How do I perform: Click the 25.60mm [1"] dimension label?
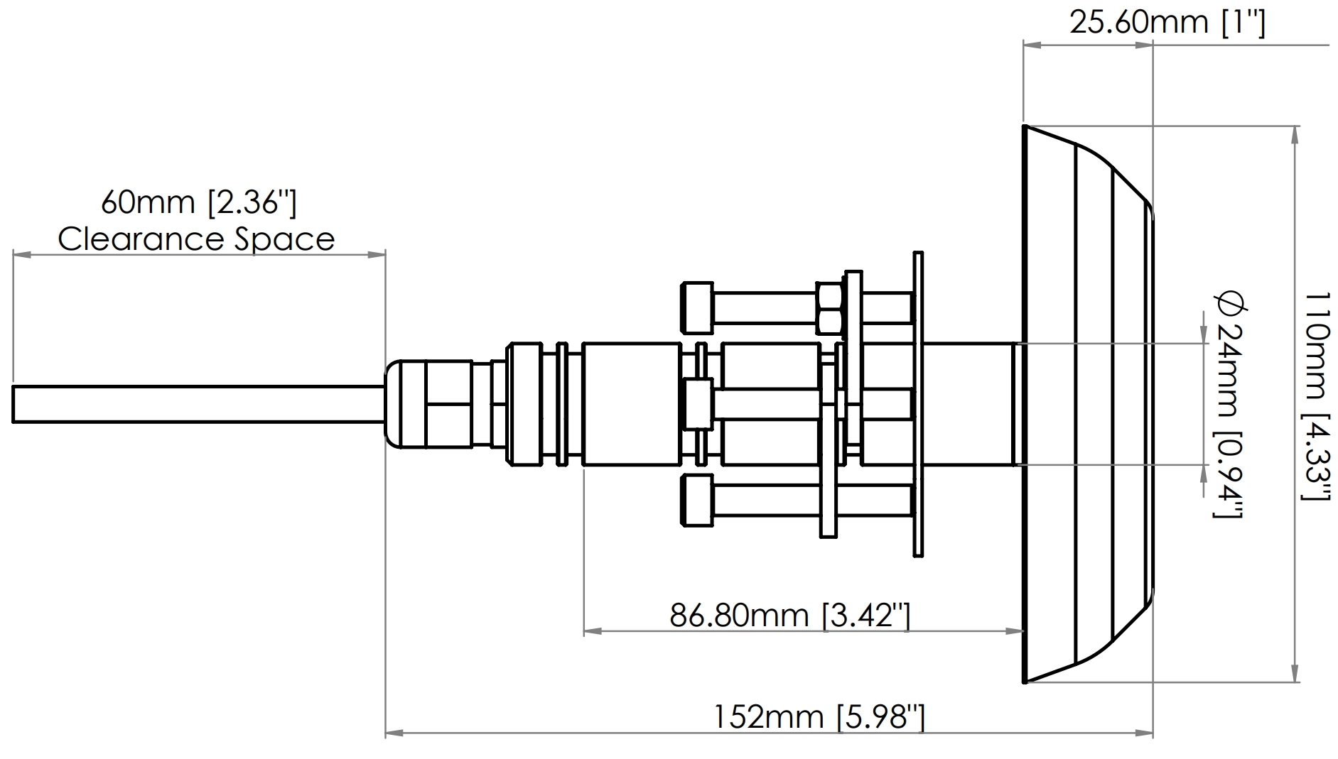click(1167, 23)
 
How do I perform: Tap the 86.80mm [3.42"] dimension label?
click(789, 615)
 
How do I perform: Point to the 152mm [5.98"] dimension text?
click(819, 717)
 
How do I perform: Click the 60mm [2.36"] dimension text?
click(198, 202)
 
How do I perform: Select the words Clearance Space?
click(196, 239)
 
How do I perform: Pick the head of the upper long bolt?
click(697, 307)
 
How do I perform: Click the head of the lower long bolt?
click(697, 501)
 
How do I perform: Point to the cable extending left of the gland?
click(199, 405)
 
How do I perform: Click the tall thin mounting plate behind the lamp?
click(917, 405)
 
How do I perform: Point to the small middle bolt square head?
click(697, 405)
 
